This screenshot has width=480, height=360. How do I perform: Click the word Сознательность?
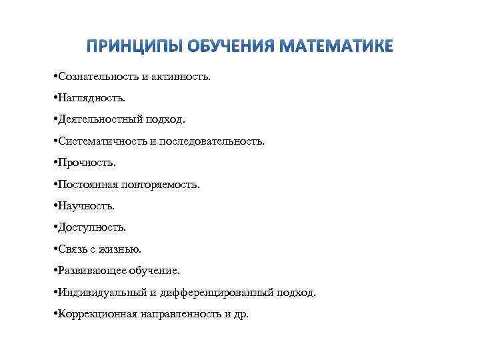pos(98,77)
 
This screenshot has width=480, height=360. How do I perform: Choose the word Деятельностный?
pos(99,120)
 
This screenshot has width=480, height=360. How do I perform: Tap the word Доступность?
pos(92,228)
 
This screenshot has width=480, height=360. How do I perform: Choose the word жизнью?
pos(124,249)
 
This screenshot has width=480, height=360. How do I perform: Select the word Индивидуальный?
pos(99,293)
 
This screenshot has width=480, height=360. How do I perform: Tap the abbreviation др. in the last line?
pos(240,314)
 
